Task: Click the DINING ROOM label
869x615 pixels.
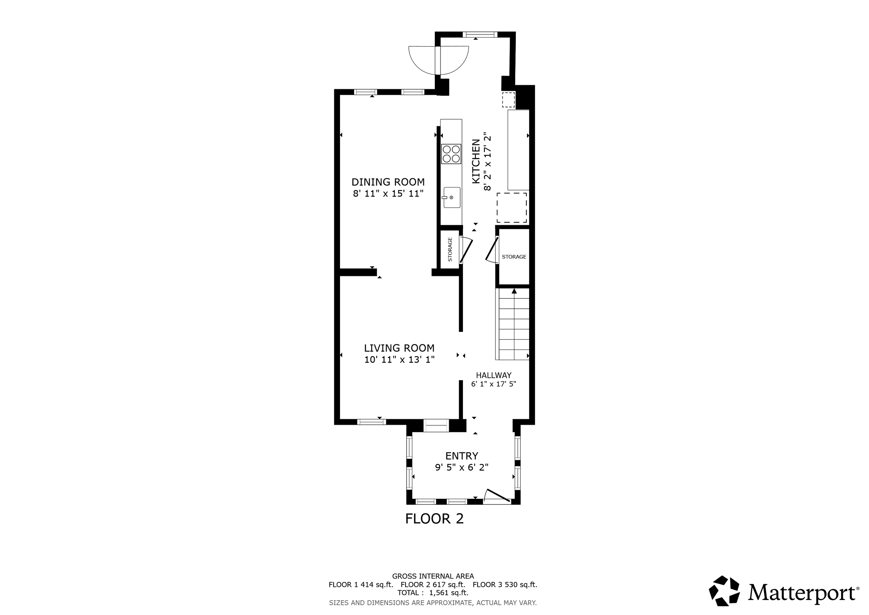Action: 388,182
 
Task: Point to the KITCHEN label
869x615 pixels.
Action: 476,162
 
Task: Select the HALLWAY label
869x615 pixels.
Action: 494,375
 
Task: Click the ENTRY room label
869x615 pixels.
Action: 462,456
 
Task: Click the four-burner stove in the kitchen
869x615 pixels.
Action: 451,154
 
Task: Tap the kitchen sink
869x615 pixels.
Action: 452,197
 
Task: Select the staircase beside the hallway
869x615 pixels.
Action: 512,325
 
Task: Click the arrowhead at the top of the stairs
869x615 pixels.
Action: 514,291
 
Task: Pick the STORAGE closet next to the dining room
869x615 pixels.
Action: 450,249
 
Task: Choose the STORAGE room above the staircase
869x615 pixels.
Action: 514,257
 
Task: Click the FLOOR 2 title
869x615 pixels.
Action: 434,519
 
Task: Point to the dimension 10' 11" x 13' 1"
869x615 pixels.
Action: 399,359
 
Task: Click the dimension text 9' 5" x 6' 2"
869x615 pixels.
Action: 462,467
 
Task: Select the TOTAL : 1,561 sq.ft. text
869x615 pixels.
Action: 433,593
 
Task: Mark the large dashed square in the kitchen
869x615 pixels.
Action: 512,208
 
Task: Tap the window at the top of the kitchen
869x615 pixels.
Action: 480,34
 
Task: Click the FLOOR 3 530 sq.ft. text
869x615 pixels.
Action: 505,584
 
